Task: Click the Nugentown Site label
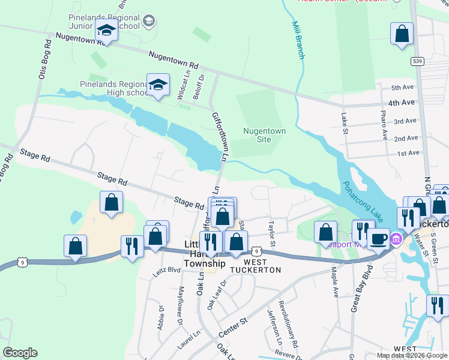coord(264,135)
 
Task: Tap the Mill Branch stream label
coord(298,40)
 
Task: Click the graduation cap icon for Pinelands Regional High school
coord(158,85)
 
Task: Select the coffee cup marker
coord(378,239)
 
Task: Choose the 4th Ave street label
coord(402,103)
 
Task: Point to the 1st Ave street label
coord(408,153)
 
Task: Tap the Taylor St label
coord(271,235)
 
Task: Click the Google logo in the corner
coord(20,353)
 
